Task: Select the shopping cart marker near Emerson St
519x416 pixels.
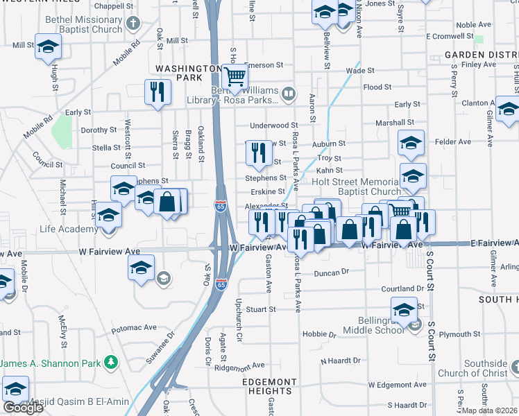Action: (235, 77)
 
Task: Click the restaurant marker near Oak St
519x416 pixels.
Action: (158, 92)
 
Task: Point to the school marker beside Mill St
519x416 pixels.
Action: (48, 47)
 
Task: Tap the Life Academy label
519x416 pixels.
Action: (68, 229)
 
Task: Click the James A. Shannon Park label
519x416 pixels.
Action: (50, 363)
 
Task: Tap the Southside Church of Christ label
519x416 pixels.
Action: (486, 368)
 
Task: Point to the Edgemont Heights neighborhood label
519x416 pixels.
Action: (270, 387)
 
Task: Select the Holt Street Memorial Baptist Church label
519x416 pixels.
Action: (356, 187)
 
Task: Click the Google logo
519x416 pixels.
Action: (22, 407)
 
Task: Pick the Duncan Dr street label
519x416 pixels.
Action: (330, 273)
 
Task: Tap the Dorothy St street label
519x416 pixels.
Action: (99, 130)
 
